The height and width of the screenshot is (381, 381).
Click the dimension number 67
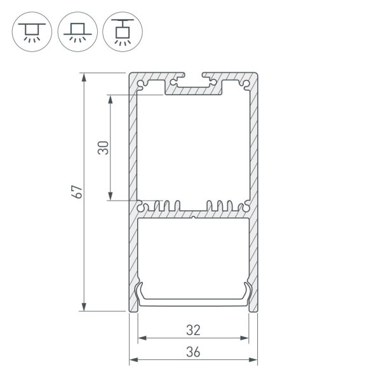point(77,192)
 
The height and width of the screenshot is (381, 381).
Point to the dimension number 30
point(104,148)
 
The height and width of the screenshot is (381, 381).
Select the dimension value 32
point(193,330)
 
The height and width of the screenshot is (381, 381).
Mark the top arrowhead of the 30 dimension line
point(110,98)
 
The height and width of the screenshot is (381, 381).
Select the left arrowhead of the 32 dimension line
point(141,338)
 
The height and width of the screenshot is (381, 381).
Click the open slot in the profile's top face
point(193,77)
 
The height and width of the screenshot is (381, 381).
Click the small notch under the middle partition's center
point(193,217)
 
